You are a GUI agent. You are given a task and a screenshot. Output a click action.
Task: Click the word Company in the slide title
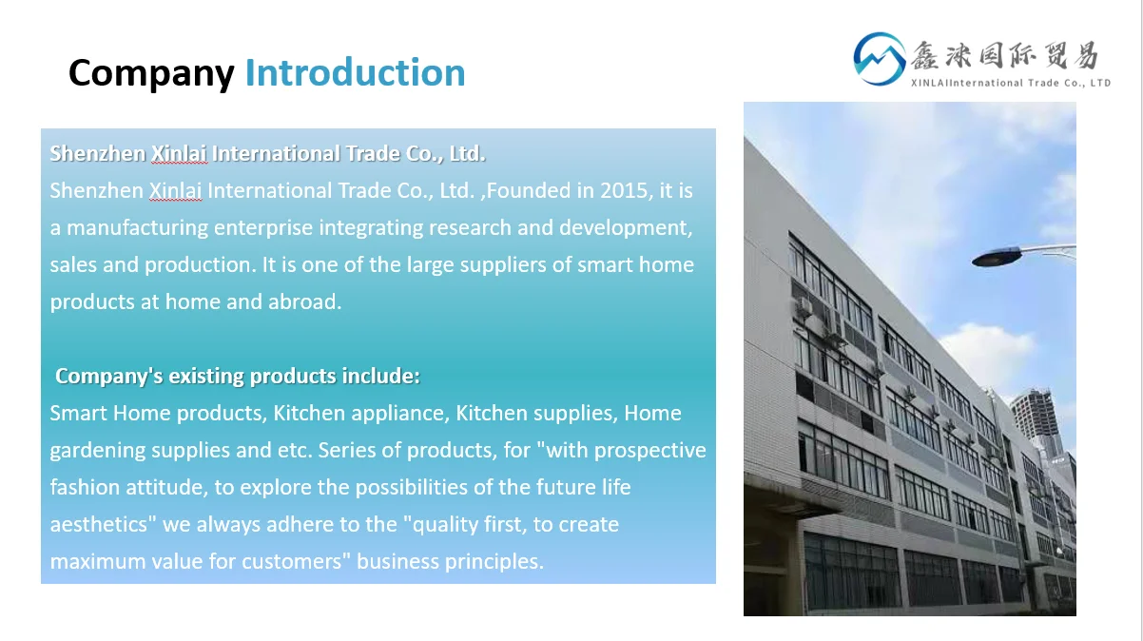pyautogui.click(x=151, y=73)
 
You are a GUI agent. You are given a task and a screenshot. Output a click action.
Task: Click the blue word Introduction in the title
pyautogui.click(x=355, y=72)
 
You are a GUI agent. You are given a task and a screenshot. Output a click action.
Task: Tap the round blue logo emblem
pyautogui.click(x=880, y=59)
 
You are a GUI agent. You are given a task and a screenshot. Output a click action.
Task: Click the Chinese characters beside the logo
pyautogui.click(x=1005, y=55)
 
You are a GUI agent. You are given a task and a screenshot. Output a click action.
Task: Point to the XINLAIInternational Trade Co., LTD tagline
pyautogui.click(x=1011, y=83)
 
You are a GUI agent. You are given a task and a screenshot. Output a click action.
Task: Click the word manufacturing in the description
pyautogui.click(x=137, y=228)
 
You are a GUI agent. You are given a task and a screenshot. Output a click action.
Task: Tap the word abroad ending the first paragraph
pyautogui.click(x=304, y=301)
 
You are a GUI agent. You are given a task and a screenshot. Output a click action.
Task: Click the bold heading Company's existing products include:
pyautogui.click(x=238, y=376)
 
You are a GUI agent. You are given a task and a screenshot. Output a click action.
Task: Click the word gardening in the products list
pyautogui.click(x=97, y=451)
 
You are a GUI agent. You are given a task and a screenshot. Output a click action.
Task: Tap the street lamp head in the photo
pyautogui.click(x=998, y=257)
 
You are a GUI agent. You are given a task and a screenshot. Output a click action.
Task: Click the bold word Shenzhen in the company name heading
pyautogui.click(x=97, y=154)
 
